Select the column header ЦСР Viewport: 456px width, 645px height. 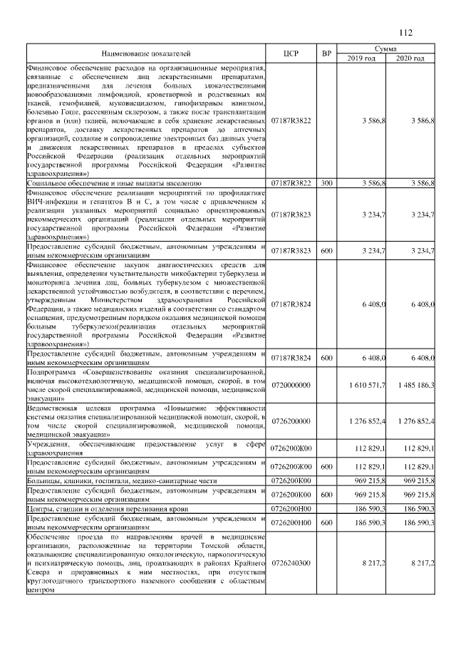click(290, 53)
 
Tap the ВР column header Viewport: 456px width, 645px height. click(326, 53)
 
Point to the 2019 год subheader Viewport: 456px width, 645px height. click(361, 58)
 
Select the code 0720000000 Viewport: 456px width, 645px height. click(290, 385)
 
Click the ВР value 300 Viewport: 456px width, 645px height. click(326, 183)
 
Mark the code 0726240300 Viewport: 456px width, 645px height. click(290, 562)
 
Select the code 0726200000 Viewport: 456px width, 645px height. click(290, 421)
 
